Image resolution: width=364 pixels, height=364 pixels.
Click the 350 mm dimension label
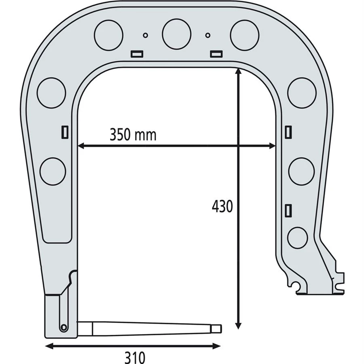click(x=133, y=134)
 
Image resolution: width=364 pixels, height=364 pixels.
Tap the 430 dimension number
click(x=222, y=206)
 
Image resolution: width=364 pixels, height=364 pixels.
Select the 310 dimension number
click(x=135, y=358)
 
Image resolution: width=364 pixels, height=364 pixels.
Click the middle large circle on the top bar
click(x=177, y=34)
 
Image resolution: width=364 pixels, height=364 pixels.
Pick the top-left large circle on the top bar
click(x=109, y=35)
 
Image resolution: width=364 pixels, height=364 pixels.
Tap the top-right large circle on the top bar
click(x=244, y=35)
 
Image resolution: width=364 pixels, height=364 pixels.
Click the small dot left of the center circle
click(x=146, y=35)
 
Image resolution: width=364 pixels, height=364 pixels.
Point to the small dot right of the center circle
click(x=208, y=35)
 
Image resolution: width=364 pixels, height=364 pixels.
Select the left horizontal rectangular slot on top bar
click(x=137, y=54)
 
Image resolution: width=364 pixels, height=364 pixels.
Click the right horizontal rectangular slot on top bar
click(x=216, y=54)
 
